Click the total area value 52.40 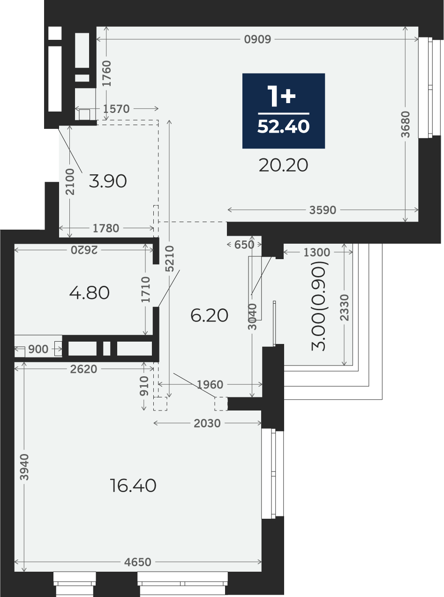click(284, 127)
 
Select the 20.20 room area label click(284, 165)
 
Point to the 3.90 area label click(108, 181)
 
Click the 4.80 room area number click(90, 293)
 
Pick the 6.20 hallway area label click(209, 315)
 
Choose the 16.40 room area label click(133, 486)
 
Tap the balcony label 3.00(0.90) click(320, 306)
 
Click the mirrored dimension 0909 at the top click(257, 39)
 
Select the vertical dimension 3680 click(406, 124)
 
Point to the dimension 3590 click(323, 210)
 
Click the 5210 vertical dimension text click(170, 259)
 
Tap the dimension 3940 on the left click(24, 467)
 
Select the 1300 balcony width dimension click(316, 253)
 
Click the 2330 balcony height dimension click(344, 308)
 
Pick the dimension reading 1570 click(116, 109)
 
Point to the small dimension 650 click(244, 245)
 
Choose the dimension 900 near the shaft click(38, 350)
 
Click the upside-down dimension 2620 click(84, 250)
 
